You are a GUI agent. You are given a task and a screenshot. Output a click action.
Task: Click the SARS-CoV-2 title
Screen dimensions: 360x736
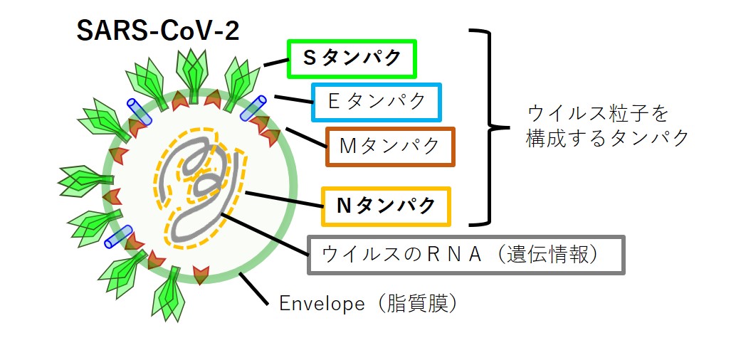pos(157,31)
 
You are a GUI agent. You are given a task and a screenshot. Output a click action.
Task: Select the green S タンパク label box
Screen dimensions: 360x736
pos(352,59)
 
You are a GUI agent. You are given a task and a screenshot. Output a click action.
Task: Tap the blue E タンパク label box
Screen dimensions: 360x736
pos(377,102)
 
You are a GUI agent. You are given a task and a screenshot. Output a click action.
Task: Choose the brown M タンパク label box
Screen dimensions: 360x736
pos(390,147)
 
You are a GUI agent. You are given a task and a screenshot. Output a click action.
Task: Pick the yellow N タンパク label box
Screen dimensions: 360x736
pos(387,206)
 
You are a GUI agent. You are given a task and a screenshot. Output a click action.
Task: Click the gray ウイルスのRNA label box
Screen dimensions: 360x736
pos(466,254)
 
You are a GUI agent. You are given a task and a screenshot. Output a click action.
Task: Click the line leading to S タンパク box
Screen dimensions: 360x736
pos(275,64)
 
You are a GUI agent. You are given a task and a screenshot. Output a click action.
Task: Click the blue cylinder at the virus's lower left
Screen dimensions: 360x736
pos(118,236)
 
